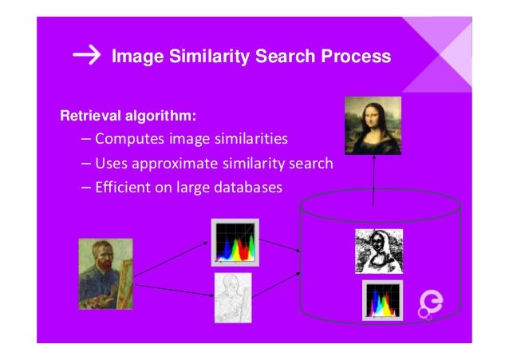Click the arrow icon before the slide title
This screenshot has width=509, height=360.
[86, 56]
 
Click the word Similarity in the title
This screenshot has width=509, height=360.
[207, 57]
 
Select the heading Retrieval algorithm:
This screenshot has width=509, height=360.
[128, 117]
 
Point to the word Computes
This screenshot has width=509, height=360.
[126, 140]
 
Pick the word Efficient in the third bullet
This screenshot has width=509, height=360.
[120, 188]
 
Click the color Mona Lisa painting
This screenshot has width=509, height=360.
[373, 125]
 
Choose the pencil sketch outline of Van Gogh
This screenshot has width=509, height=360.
[233, 298]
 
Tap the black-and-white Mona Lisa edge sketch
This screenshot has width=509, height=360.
[379, 250]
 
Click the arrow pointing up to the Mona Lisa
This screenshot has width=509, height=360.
[373, 180]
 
